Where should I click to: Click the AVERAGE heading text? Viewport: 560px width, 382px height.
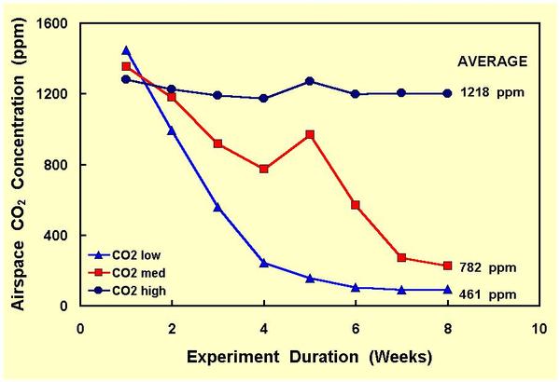click(x=492, y=61)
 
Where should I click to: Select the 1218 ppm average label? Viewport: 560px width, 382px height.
click(x=493, y=94)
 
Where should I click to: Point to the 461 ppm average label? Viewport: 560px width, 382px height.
click(x=493, y=295)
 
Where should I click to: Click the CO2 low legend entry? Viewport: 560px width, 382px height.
click(x=130, y=254)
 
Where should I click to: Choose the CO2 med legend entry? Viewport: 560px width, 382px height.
click(x=132, y=273)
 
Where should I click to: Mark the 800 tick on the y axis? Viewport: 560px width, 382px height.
click(x=62, y=165)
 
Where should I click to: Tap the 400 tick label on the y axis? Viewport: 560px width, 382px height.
click(x=62, y=236)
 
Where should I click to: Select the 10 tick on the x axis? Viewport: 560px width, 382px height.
click(x=539, y=328)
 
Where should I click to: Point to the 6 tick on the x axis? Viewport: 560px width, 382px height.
click(x=355, y=328)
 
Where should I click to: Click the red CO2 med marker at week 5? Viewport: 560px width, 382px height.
click(x=309, y=135)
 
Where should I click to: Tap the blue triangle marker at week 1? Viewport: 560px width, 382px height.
click(x=126, y=50)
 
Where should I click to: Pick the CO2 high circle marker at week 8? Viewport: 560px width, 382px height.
click(x=447, y=93)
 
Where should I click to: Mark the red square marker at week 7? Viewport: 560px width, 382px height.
click(x=401, y=258)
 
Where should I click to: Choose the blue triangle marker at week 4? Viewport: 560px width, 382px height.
click(x=263, y=264)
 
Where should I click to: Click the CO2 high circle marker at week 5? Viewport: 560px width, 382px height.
click(x=309, y=81)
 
